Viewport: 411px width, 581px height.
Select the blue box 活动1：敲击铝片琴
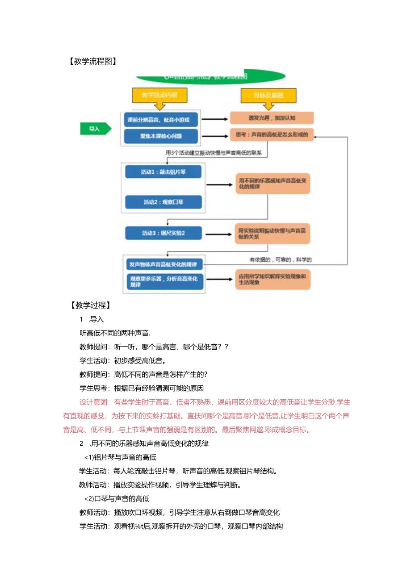(163, 172)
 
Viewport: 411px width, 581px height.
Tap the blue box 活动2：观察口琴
(163, 202)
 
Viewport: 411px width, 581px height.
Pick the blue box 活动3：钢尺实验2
(163, 233)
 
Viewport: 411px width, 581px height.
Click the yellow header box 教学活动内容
(159, 95)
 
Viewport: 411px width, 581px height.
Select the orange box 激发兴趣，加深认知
(272, 118)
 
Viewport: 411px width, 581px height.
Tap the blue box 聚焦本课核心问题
(161, 134)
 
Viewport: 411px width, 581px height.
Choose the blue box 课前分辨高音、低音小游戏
(161, 120)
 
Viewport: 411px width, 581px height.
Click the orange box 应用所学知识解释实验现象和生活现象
(273, 279)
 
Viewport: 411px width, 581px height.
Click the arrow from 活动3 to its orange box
(218, 233)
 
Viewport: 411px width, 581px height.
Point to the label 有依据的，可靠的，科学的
(281, 259)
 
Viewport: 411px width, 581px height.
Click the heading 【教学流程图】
(92, 62)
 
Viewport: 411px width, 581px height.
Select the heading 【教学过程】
(90, 305)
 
